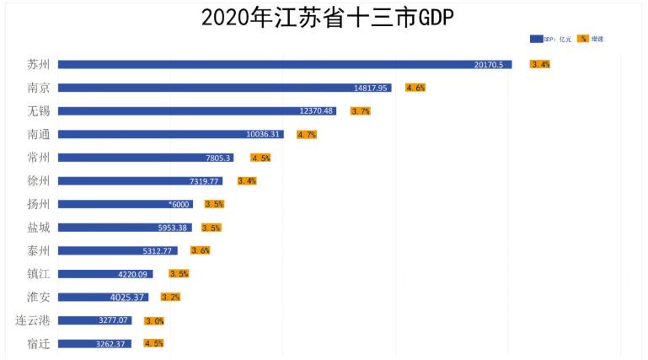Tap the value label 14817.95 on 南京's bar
372,88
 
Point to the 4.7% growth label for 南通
307,134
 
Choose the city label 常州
39,158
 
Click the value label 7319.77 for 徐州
205,180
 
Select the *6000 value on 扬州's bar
179,204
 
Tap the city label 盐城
39,228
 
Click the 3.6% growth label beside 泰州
201,250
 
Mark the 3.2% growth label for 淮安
170,297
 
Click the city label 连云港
33,320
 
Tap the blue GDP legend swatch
536,39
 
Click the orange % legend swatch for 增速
583,39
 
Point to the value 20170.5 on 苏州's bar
489,64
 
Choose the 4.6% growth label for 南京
415,88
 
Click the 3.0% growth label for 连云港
154,320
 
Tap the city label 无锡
39,110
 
